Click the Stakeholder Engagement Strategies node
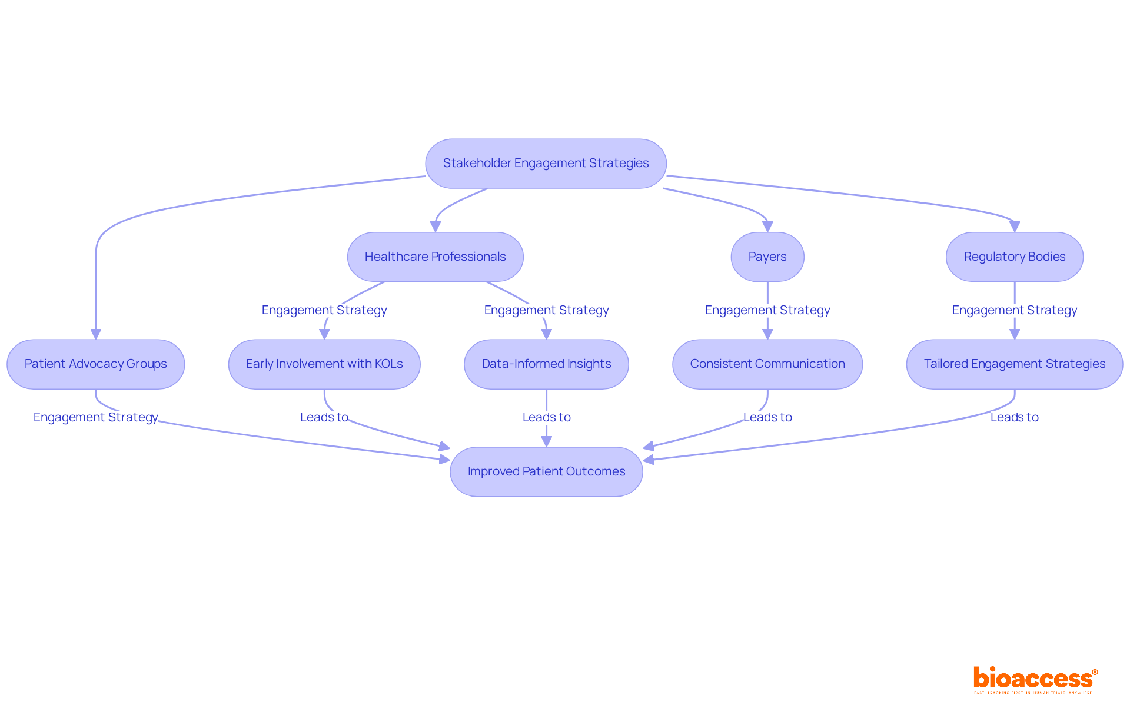[546, 164]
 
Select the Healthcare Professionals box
[435, 257]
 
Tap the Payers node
[767, 257]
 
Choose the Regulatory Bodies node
[1014, 257]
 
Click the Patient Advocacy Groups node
[95, 364]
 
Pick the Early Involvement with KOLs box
[324, 364]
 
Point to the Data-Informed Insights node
[546, 364]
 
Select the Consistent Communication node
[767, 364]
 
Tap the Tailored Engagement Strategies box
[1014, 364]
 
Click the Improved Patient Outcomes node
[546, 471]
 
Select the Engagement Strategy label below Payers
[767, 310]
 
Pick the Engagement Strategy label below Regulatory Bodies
[1014, 310]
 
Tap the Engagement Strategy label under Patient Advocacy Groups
[95, 417]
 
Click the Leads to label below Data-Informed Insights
[546, 417]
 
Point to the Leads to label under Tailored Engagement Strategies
[1014, 417]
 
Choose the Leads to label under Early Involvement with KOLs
[324, 417]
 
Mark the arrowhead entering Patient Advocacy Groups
[96, 334]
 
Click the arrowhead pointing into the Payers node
[767, 227]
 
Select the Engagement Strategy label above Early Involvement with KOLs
[324, 310]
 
